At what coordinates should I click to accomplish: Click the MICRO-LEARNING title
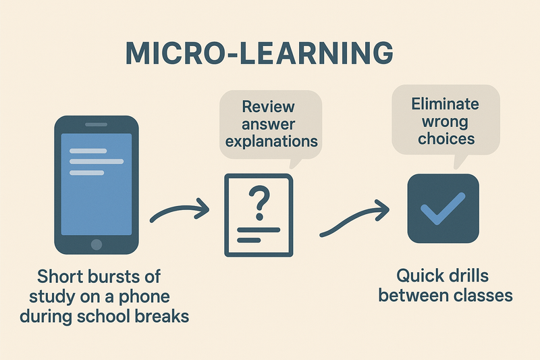coord(259,53)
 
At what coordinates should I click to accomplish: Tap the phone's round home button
coord(97,245)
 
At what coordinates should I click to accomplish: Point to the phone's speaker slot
coord(96,124)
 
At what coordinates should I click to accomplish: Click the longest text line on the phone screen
coord(97,161)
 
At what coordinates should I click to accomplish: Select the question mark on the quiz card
coord(259,203)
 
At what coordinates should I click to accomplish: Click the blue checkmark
coord(443,208)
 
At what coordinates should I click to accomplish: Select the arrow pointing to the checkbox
coord(355,218)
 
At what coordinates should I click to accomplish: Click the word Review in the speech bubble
coord(268,107)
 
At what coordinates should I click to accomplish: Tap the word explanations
coord(271,141)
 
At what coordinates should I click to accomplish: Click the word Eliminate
coord(445,103)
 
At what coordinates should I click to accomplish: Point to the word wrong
coord(445,122)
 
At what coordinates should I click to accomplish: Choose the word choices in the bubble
coord(446,138)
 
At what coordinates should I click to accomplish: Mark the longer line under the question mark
coord(259,230)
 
